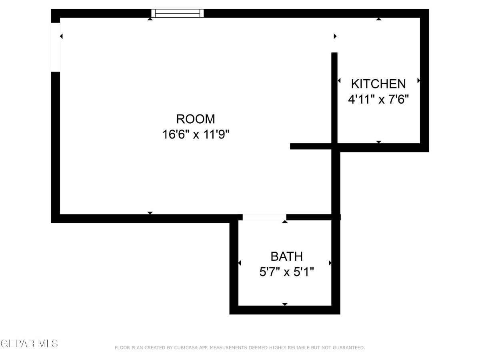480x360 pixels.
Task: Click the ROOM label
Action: point(196,119)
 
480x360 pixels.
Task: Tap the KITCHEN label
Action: point(378,84)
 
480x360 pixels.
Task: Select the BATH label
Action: point(286,256)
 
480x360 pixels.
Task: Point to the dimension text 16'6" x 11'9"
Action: point(196,134)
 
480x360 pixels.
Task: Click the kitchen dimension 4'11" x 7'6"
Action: point(378,99)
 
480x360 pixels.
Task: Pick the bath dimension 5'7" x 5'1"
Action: point(286,272)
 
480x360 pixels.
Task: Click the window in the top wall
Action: point(177,13)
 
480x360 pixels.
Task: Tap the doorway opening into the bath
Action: point(264,217)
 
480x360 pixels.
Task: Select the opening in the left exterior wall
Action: point(56,47)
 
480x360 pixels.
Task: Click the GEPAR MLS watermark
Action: point(29,344)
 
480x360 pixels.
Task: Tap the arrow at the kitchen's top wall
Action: point(379,19)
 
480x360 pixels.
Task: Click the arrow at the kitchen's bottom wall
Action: point(379,142)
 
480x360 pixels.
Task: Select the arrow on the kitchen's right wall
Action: point(419,80)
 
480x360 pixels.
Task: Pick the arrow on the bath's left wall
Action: point(240,263)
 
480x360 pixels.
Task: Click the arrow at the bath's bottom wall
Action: point(285,304)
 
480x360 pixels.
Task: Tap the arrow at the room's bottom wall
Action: point(150,213)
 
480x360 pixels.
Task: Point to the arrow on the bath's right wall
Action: point(330,263)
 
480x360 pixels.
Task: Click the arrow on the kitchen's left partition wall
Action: point(339,81)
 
